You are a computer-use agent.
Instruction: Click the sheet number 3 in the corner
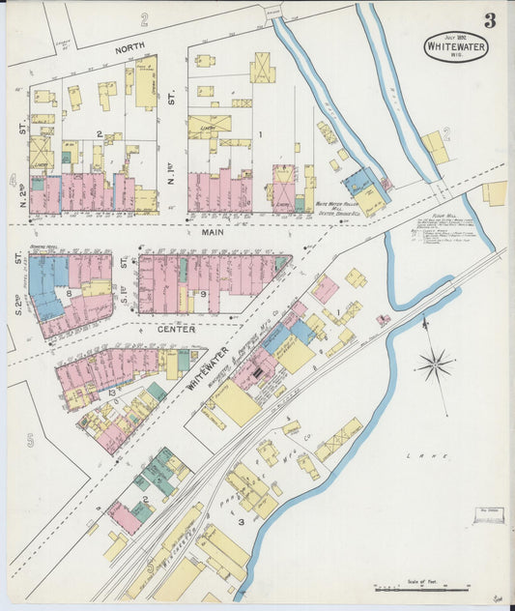click(x=490, y=20)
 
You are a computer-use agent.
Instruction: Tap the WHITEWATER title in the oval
click(x=455, y=44)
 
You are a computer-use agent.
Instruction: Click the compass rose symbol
click(x=435, y=364)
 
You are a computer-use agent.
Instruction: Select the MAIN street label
click(x=213, y=232)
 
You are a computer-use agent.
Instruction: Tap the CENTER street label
click(x=177, y=330)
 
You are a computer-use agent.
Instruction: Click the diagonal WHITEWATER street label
click(x=210, y=368)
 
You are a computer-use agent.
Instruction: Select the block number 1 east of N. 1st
click(x=259, y=134)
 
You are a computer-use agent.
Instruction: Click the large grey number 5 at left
click(x=30, y=441)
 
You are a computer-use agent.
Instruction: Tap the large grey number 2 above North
click(x=143, y=18)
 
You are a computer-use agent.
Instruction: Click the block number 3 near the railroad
click(x=240, y=522)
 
